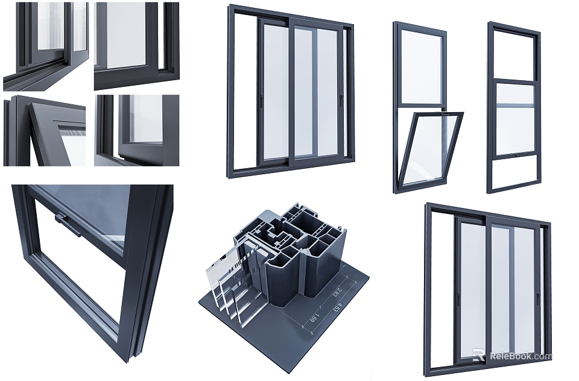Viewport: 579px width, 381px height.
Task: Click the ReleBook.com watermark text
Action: tap(520, 356)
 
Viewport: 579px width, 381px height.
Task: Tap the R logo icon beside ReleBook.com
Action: tap(478, 355)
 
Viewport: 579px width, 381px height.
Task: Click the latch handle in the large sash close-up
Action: tap(68, 221)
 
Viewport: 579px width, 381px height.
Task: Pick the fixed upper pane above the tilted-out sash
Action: tap(420, 66)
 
